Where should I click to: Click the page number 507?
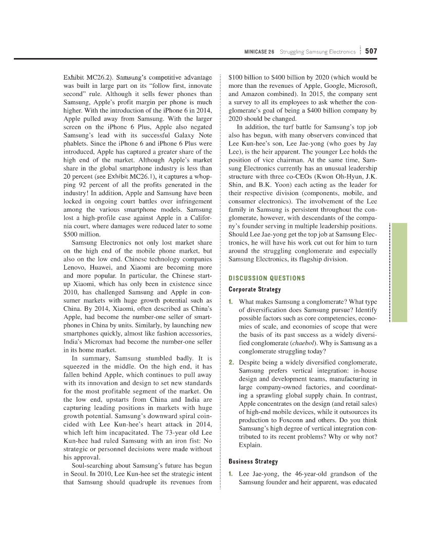click(371, 51)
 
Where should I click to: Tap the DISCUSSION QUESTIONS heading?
click(266, 278)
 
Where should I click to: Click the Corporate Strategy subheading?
click(255, 290)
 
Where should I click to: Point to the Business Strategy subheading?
click(253, 461)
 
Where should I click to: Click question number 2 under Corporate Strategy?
click(231, 362)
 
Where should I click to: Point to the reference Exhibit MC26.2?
click(85, 78)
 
